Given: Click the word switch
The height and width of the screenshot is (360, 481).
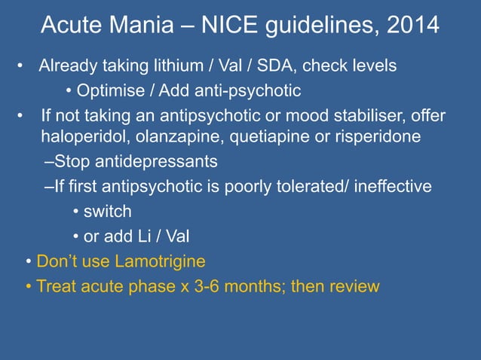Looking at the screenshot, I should pyautogui.click(x=107, y=212).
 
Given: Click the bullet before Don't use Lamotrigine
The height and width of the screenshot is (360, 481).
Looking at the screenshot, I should pyautogui.click(x=28, y=262).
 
